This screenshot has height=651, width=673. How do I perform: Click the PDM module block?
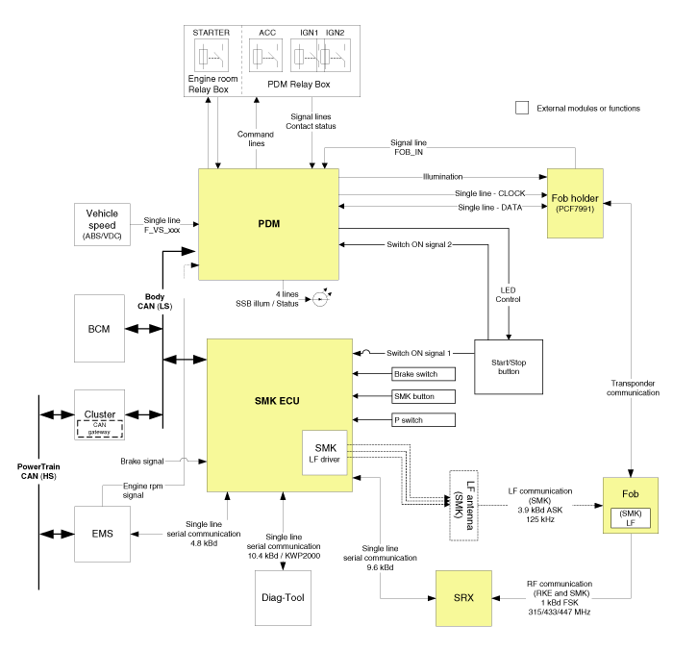[268, 224]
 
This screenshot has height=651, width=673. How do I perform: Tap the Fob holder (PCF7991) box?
[576, 204]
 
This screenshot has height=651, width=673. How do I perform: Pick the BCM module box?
[98, 329]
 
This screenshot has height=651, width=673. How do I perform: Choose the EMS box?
[101, 532]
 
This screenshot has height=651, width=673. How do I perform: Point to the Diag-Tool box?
[282, 597]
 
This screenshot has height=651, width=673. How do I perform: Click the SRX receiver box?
[463, 598]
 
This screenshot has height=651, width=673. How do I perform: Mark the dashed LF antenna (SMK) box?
[463, 505]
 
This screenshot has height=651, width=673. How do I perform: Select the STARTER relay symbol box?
[211, 57]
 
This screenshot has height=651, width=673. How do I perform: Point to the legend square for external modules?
[522, 109]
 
